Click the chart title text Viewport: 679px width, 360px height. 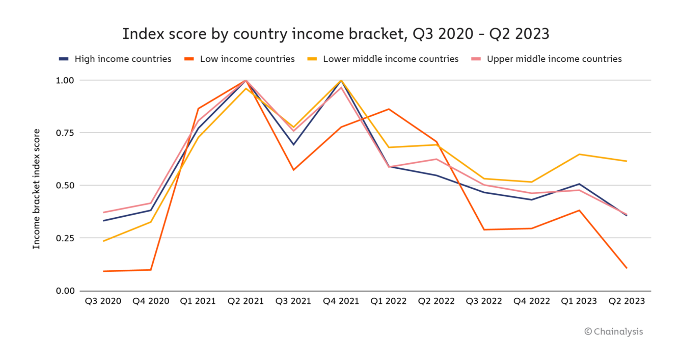pos(335,34)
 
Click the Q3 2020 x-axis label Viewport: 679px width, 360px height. pos(103,301)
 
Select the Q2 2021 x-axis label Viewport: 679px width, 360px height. pos(246,301)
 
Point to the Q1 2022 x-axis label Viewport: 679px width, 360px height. pos(388,301)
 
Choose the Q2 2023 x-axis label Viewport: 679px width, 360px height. pos(626,301)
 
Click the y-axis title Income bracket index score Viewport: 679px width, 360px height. pos(37,189)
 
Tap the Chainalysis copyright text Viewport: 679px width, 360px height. pos(613,332)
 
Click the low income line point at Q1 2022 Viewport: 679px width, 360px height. pos(389,109)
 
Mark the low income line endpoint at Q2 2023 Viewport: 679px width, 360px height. pos(626,268)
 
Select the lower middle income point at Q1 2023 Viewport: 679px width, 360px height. pos(579,155)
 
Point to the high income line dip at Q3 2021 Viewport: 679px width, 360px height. pos(293,145)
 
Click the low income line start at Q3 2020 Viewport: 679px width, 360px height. pos(104,271)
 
